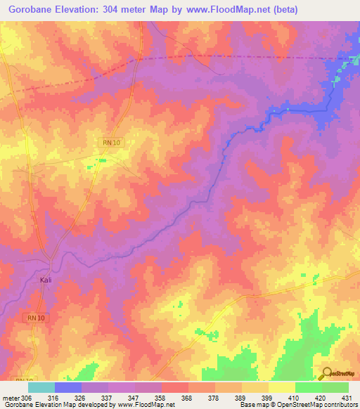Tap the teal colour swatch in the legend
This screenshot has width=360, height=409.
[41, 387]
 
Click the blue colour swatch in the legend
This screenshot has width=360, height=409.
[68, 387]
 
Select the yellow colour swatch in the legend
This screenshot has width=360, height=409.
[282, 387]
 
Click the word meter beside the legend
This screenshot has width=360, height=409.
[11, 398]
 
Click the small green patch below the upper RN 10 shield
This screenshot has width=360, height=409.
[103, 161]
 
